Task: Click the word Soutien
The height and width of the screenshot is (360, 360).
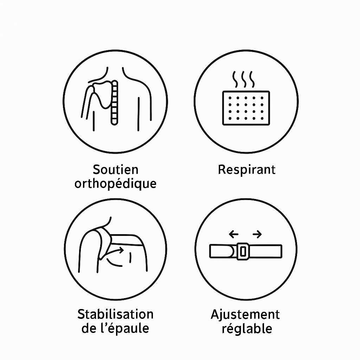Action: (x=115, y=170)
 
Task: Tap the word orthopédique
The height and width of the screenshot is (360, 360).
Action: (x=115, y=184)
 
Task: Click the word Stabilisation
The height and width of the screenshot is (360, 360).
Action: (x=115, y=314)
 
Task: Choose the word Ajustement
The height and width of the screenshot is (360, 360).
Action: (x=245, y=315)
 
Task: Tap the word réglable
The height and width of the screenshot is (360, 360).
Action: (x=247, y=329)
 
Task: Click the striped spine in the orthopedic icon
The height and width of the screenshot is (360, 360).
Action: (x=114, y=103)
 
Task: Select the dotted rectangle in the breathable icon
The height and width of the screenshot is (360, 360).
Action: (x=246, y=108)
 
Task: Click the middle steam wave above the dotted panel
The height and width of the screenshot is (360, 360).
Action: (x=244, y=79)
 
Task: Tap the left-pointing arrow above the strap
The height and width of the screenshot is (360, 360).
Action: (x=233, y=234)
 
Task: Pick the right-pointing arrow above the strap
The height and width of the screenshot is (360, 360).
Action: (x=257, y=234)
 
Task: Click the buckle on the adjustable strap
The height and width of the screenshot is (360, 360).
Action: (x=243, y=251)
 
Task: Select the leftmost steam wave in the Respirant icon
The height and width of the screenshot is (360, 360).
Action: (x=236, y=79)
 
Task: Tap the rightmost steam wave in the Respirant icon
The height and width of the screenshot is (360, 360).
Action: (x=252, y=79)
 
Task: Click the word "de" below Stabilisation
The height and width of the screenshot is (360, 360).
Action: (x=89, y=328)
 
